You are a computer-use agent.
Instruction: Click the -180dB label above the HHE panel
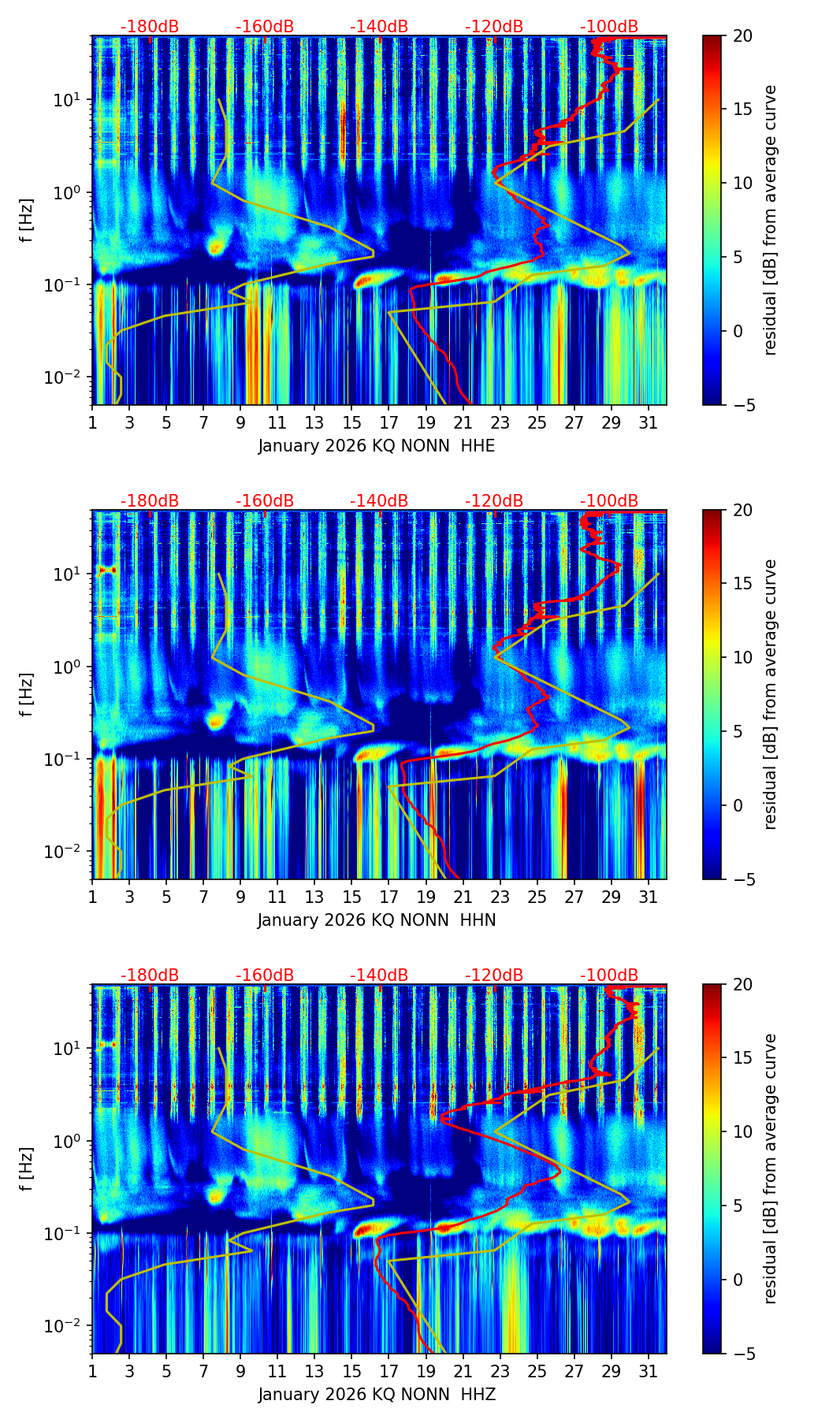[150, 27]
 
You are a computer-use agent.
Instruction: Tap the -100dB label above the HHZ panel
[609, 975]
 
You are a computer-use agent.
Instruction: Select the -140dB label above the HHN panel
[379, 501]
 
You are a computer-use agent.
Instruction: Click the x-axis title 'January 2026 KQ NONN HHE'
[377, 446]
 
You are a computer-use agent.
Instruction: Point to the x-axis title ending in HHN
[377, 920]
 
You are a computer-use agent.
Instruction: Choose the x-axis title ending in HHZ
[377, 1395]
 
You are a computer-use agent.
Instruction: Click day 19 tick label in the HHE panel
[426, 422]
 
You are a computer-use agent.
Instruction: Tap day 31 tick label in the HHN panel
[649, 897]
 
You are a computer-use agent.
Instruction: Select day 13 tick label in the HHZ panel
[314, 1371]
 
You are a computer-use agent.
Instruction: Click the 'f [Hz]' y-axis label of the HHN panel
[27, 694]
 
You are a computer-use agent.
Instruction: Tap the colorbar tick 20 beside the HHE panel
[742, 35]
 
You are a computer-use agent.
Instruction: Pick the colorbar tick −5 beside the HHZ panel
[742, 1354]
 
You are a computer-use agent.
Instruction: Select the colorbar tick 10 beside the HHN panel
[742, 657]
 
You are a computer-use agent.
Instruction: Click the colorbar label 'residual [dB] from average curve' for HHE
[770, 220]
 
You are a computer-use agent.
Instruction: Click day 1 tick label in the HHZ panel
[92, 1371]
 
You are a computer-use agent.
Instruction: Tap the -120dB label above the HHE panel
[494, 27]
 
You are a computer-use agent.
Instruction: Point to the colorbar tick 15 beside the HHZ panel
[742, 1058]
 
